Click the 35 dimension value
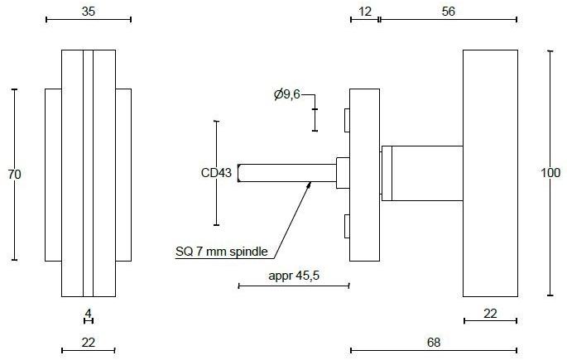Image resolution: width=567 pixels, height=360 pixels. coord(89,12)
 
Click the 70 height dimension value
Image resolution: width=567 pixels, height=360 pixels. coord(14,174)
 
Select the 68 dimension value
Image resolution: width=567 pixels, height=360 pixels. coord(433,341)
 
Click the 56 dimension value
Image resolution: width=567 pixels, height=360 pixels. coord(448,12)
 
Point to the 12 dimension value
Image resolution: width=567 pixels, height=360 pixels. coord(365,12)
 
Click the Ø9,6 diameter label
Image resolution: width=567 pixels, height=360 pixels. coord(286,95)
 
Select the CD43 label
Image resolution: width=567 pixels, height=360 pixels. coord(216,173)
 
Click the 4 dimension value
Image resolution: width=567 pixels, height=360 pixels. coord(89,313)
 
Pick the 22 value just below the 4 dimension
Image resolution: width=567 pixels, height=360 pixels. coord(89,341)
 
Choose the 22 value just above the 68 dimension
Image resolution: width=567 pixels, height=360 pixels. coord(490,312)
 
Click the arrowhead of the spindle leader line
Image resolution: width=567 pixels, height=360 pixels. coord(310,185)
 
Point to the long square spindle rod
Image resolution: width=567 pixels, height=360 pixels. coord(286,172)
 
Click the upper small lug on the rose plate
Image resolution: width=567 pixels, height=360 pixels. coord(347,121)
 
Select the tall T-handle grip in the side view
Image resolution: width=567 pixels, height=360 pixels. coord(490,173)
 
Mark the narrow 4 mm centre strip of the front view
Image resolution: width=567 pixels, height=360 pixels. coord(89,173)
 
